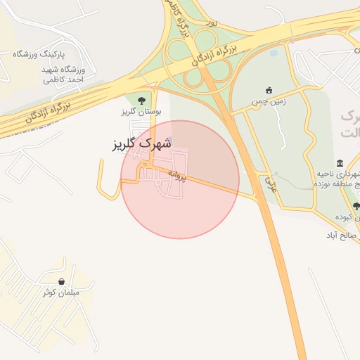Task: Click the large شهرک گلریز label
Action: (x=143, y=144)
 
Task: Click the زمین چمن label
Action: (x=269, y=102)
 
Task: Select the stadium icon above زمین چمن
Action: (x=268, y=90)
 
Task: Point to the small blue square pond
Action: (x=273, y=51)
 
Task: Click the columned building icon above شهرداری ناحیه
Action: (x=340, y=163)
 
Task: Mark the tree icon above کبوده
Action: (x=356, y=206)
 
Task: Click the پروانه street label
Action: (x=178, y=176)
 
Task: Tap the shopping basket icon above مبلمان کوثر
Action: (x=63, y=281)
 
